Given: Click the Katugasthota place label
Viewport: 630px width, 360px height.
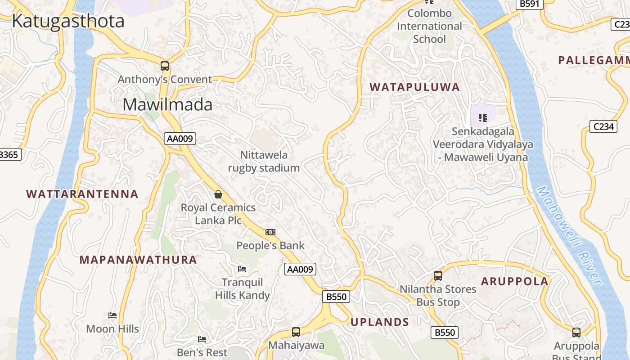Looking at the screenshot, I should pos(68,21).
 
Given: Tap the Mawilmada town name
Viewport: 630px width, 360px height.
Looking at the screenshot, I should pos(167,104).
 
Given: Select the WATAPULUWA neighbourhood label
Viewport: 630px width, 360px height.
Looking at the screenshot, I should pos(414,87).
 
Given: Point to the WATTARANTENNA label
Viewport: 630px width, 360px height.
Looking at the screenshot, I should pos(82,194).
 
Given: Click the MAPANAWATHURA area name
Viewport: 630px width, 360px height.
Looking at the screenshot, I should pos(138,260).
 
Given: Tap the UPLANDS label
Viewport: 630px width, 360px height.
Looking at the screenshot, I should pos(379,322).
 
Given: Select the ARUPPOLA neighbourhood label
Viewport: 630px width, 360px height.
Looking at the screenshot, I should pos(515,282).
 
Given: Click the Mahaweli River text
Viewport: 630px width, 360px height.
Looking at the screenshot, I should pos(570,236).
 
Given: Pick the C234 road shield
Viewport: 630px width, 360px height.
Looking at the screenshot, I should pos(603,126).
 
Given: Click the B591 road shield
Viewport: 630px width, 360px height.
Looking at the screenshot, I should pos(530,4).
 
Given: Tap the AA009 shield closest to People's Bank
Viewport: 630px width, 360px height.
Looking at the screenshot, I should pos(300,269).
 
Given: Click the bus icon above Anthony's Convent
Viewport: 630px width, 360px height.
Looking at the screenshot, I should pos(165,66).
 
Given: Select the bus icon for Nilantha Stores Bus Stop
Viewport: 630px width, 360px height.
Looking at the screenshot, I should pos(438,275).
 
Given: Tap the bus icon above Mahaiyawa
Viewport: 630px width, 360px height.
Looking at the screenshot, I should pos(296,332).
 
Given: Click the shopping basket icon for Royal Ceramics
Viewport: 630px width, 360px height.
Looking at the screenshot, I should pos(218,194).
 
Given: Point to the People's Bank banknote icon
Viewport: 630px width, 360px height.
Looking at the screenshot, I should pos(270,232).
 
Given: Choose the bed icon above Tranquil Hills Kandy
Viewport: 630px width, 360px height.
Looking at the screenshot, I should pos(242,269).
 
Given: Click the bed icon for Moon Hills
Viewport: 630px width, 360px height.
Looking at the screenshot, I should pos(112,315).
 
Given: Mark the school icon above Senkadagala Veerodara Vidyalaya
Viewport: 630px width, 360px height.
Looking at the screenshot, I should pos(483,118).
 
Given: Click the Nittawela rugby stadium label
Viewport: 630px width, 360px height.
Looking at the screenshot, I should pos(264,162).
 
